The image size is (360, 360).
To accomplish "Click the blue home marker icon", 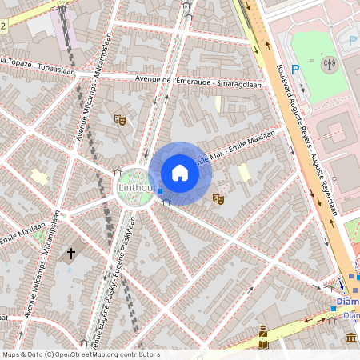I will pos(180,173).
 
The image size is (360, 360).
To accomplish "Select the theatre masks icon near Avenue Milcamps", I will pos(120,120).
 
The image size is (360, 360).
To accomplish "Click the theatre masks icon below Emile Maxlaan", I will pos(218,198).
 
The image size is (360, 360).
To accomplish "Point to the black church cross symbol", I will pos(71,254).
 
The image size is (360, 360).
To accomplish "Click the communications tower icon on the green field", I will pos(326,63).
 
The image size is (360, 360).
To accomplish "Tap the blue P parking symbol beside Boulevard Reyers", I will pos(295,70).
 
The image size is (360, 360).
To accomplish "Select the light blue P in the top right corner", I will pos(353,41).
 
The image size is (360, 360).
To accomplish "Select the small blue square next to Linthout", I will pos(160,190).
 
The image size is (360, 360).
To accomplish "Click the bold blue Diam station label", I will pos(348,302).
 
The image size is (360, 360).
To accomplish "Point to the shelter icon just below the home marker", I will pos(166,203).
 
